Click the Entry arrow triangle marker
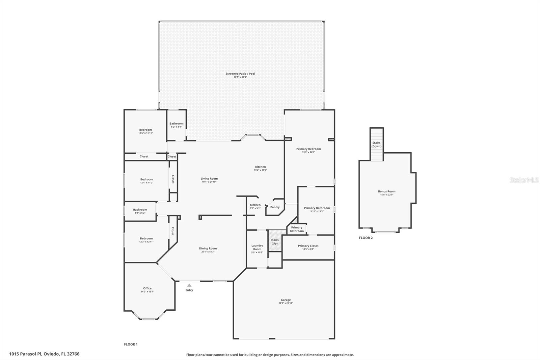pyautogui.click(x=189, y=285)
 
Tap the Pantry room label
pyautogui.click(x=275, y=207)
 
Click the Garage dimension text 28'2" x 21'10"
pyautogui.click(x=286, y=303)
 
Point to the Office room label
pyautogui.click(x=147, y=288)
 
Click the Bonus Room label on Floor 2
pyautogui.click(x=386, y=191)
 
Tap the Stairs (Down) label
pyautogui.click(x=376, y=145)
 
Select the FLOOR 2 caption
pyautogui.click(x=366, y=238)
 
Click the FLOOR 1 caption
pyautogui.click(x=131, y=344)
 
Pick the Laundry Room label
pyautogui.click(x=257, y=247)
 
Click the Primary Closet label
pyautogui.click(x=308, y=246)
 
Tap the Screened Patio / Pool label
pyautogui.click(x=240, y=74)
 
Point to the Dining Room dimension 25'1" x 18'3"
pyautogui.click(x=208, y=252)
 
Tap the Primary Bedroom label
pyautogui.click(x=308, y=149)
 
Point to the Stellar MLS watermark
pyautogui.click(x=524, y=180)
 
